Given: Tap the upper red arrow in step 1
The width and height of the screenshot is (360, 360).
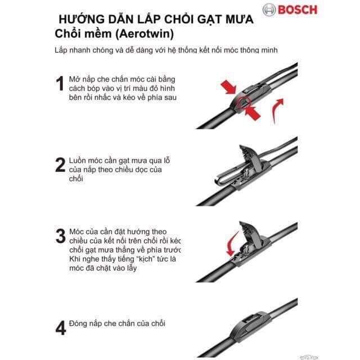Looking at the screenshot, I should coord(228,88).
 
